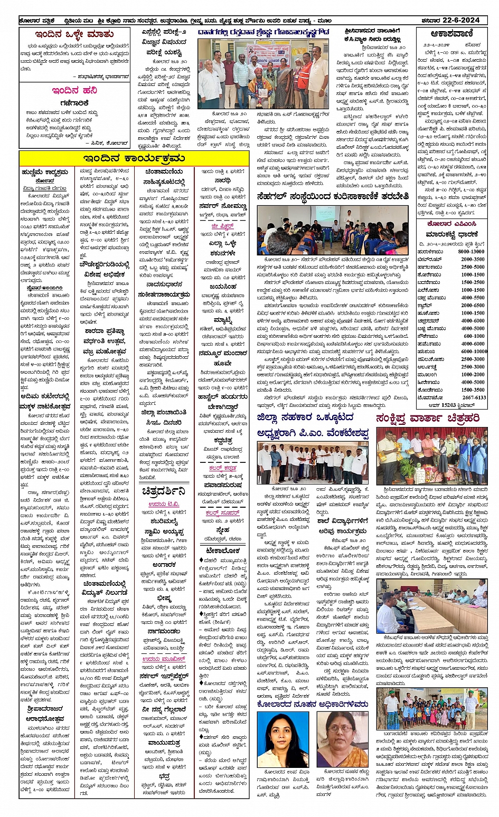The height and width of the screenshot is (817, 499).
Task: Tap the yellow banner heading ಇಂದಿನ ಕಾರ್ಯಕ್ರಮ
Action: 133,158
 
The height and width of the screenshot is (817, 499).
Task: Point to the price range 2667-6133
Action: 474,397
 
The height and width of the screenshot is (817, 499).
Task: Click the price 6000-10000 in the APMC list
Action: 474,351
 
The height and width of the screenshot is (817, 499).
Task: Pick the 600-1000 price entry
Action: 474,336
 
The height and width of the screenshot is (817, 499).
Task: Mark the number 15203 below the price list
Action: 441,405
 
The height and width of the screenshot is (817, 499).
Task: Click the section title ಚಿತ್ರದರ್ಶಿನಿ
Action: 164,491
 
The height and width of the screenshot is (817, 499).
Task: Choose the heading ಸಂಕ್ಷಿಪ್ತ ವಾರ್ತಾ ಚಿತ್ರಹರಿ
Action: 428,418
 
